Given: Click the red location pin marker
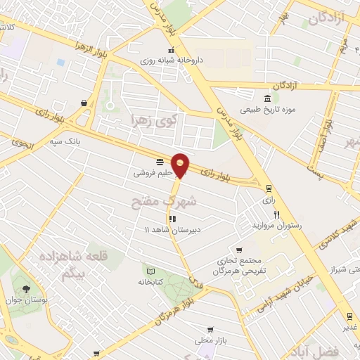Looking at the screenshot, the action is click(181, 165).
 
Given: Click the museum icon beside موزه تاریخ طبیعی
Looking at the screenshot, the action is click(266, 98).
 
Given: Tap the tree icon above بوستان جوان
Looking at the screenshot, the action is click(26, 289).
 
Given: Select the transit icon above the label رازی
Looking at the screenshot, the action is click(268, 188).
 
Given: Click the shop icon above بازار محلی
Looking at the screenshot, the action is click(210, 330).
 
